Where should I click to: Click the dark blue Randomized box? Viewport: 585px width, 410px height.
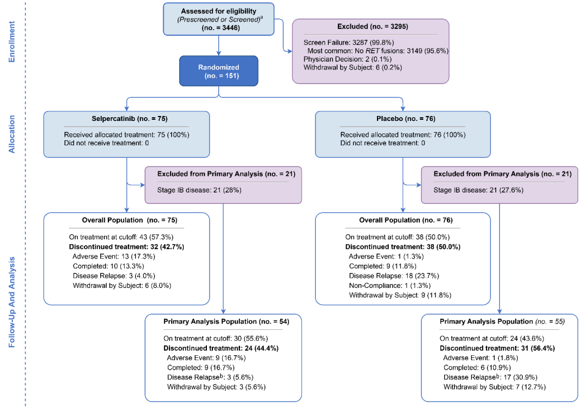[219, 71]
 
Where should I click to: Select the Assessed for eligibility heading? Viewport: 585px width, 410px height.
[219, 11]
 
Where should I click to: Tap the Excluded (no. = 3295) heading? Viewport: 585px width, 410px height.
[372, 27]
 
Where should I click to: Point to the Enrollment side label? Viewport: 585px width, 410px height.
[12, 41]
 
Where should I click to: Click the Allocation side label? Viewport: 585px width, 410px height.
[12, 134]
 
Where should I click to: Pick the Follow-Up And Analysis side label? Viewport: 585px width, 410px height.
[12, 302]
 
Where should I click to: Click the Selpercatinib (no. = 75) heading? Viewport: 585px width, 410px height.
[129, 119]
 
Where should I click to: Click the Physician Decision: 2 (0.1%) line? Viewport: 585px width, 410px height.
[347, 59]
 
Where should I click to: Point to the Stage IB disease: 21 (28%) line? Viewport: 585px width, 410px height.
[199, 190]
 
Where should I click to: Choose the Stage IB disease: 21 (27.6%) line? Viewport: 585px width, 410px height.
[478, 190]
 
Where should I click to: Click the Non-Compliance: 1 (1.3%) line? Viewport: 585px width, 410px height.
[389, 286]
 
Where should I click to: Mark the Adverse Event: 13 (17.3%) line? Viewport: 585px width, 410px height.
[114, 257]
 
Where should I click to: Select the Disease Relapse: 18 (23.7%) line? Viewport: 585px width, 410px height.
[394, 276]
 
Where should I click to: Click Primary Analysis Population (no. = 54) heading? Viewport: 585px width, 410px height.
[226, 322]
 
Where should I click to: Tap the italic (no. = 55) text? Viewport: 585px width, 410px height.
[550, 322]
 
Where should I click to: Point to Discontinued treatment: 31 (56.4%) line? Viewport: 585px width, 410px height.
[497, 348]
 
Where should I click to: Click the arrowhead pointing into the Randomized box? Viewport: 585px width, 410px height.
[219, 53]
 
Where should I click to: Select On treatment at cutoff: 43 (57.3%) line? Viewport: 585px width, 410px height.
[121, 237]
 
